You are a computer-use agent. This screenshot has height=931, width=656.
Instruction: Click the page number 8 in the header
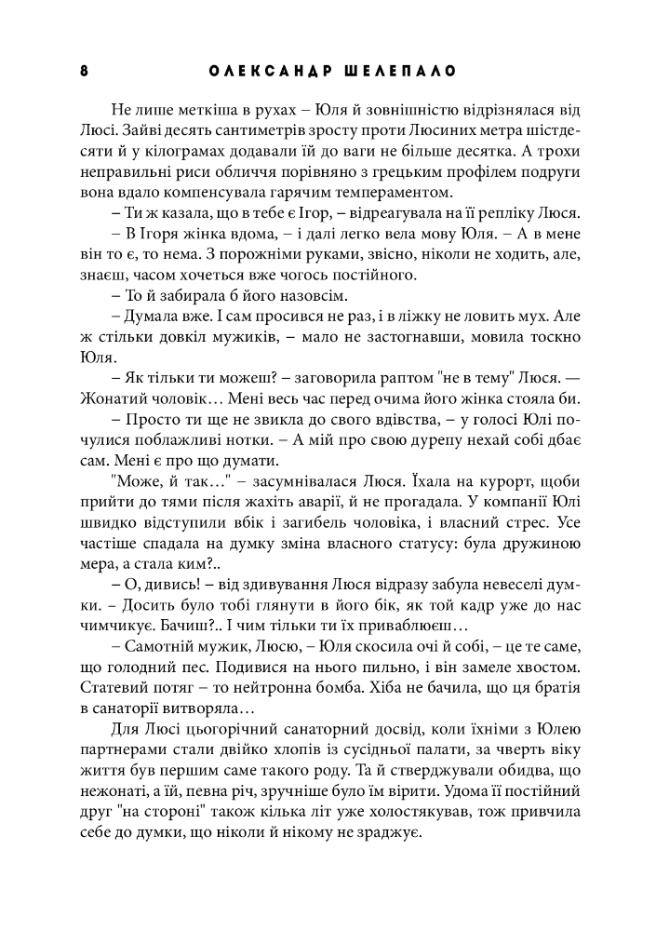85,72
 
